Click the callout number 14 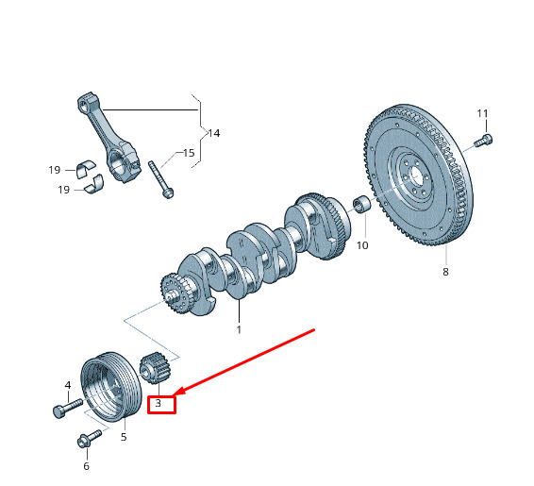tap(214, 133)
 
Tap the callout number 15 tap(189, 153)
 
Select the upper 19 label tap(55, 170)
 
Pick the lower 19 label tap(64, 190)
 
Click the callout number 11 tap(482, 113)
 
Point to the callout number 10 tap(362, 245)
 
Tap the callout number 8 tap(445, 272)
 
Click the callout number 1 tap(239, 329)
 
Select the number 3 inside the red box tap(158, 404)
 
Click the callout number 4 tap(68, 385)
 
